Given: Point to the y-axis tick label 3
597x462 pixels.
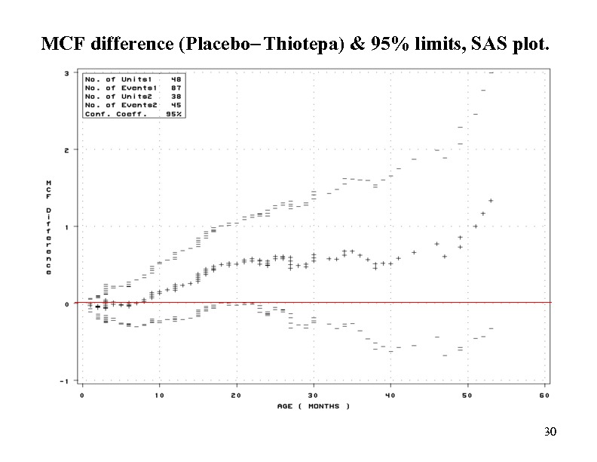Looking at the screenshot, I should (67, 73).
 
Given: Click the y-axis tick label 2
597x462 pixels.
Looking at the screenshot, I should (67, 150).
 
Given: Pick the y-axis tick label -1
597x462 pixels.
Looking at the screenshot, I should (66, 380).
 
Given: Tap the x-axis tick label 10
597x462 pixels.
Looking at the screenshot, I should (159, 395).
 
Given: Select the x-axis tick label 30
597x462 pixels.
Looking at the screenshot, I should (314, 395).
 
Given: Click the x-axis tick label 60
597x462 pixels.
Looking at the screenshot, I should (545, 395).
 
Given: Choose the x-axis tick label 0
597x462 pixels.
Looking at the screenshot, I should (82, 395).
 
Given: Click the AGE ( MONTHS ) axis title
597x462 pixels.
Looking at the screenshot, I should (314, 406).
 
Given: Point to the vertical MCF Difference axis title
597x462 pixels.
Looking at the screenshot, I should (49, 226).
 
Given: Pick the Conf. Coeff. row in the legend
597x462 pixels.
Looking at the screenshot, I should (133, 113).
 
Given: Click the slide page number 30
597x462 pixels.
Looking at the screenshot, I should (550, 433).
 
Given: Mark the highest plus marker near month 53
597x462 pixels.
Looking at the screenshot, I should (491, 201).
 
